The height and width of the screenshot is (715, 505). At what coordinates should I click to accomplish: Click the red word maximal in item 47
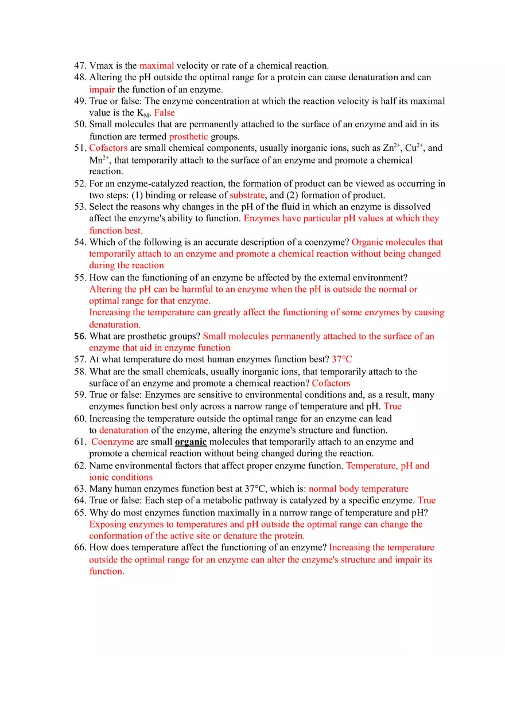(x=156, y=65)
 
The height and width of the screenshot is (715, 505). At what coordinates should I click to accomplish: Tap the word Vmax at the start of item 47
(x=101, y=65)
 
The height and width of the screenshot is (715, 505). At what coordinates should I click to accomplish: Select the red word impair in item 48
(x=102, y=89)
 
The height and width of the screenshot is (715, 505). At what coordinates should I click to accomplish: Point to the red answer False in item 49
(x=164, y=113)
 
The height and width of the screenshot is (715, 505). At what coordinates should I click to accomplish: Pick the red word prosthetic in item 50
(x=188, y=136)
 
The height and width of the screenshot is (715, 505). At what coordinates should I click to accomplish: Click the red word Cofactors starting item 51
(x=108, y=148)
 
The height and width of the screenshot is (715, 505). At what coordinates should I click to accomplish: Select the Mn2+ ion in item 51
(x=99, y=160)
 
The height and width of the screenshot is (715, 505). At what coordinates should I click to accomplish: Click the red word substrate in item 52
(x=247, y=195)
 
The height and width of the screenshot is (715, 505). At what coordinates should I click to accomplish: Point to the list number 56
(x=80, y=336)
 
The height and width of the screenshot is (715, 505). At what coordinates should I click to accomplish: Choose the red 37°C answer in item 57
(x=342, y=360)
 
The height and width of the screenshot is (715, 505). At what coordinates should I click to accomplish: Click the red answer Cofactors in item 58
(x=331, y=383)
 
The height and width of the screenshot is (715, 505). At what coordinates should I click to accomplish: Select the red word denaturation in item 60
(x=123, y=430)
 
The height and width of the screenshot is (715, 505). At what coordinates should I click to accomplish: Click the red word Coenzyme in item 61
(x=112, y=441)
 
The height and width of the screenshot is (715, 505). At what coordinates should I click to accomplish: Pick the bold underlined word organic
(x=191, y=441)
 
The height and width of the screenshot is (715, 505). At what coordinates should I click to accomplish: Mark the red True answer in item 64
(x=426, y=501)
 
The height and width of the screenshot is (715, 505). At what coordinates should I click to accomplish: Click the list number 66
(x=80, y=548)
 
